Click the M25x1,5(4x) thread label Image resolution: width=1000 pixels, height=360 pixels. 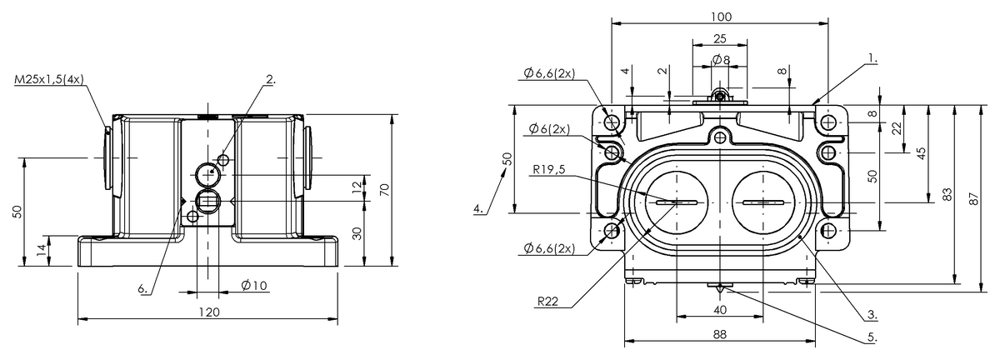point(49,80)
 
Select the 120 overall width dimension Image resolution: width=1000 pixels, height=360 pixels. point(207,312)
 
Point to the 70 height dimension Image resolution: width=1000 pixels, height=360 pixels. point(383,190)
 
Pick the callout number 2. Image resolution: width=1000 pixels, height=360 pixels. point(271,80)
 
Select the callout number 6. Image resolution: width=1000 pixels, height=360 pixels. point(143,288)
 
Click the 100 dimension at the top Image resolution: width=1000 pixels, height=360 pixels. point(721,17)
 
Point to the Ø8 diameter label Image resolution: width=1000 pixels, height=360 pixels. point(722,59)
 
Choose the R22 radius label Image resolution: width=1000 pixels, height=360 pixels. point(547,302)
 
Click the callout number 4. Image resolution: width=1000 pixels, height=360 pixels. point(479,209)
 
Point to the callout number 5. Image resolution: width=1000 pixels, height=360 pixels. point(871,338)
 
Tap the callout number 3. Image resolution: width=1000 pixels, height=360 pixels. point(871,314)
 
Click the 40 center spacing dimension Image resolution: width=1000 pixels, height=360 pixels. point(720,309)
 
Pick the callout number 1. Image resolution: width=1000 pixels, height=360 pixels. point(871,59)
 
